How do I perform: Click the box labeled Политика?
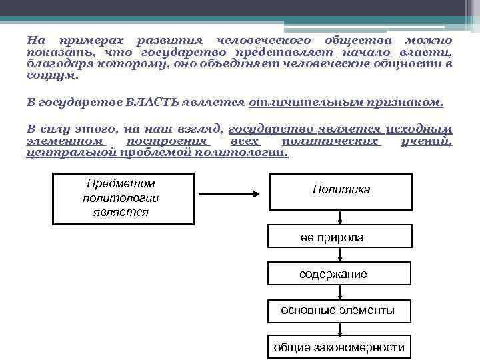(341, 191)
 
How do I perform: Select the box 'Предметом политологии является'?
(123, 198)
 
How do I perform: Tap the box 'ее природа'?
(341, 237)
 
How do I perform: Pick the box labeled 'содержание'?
(341, 274)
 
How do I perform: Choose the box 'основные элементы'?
(341, 311)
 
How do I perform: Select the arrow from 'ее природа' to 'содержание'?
(341, 255)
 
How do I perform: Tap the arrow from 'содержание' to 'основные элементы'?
(341, 292)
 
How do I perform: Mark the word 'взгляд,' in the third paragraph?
(197, 129)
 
